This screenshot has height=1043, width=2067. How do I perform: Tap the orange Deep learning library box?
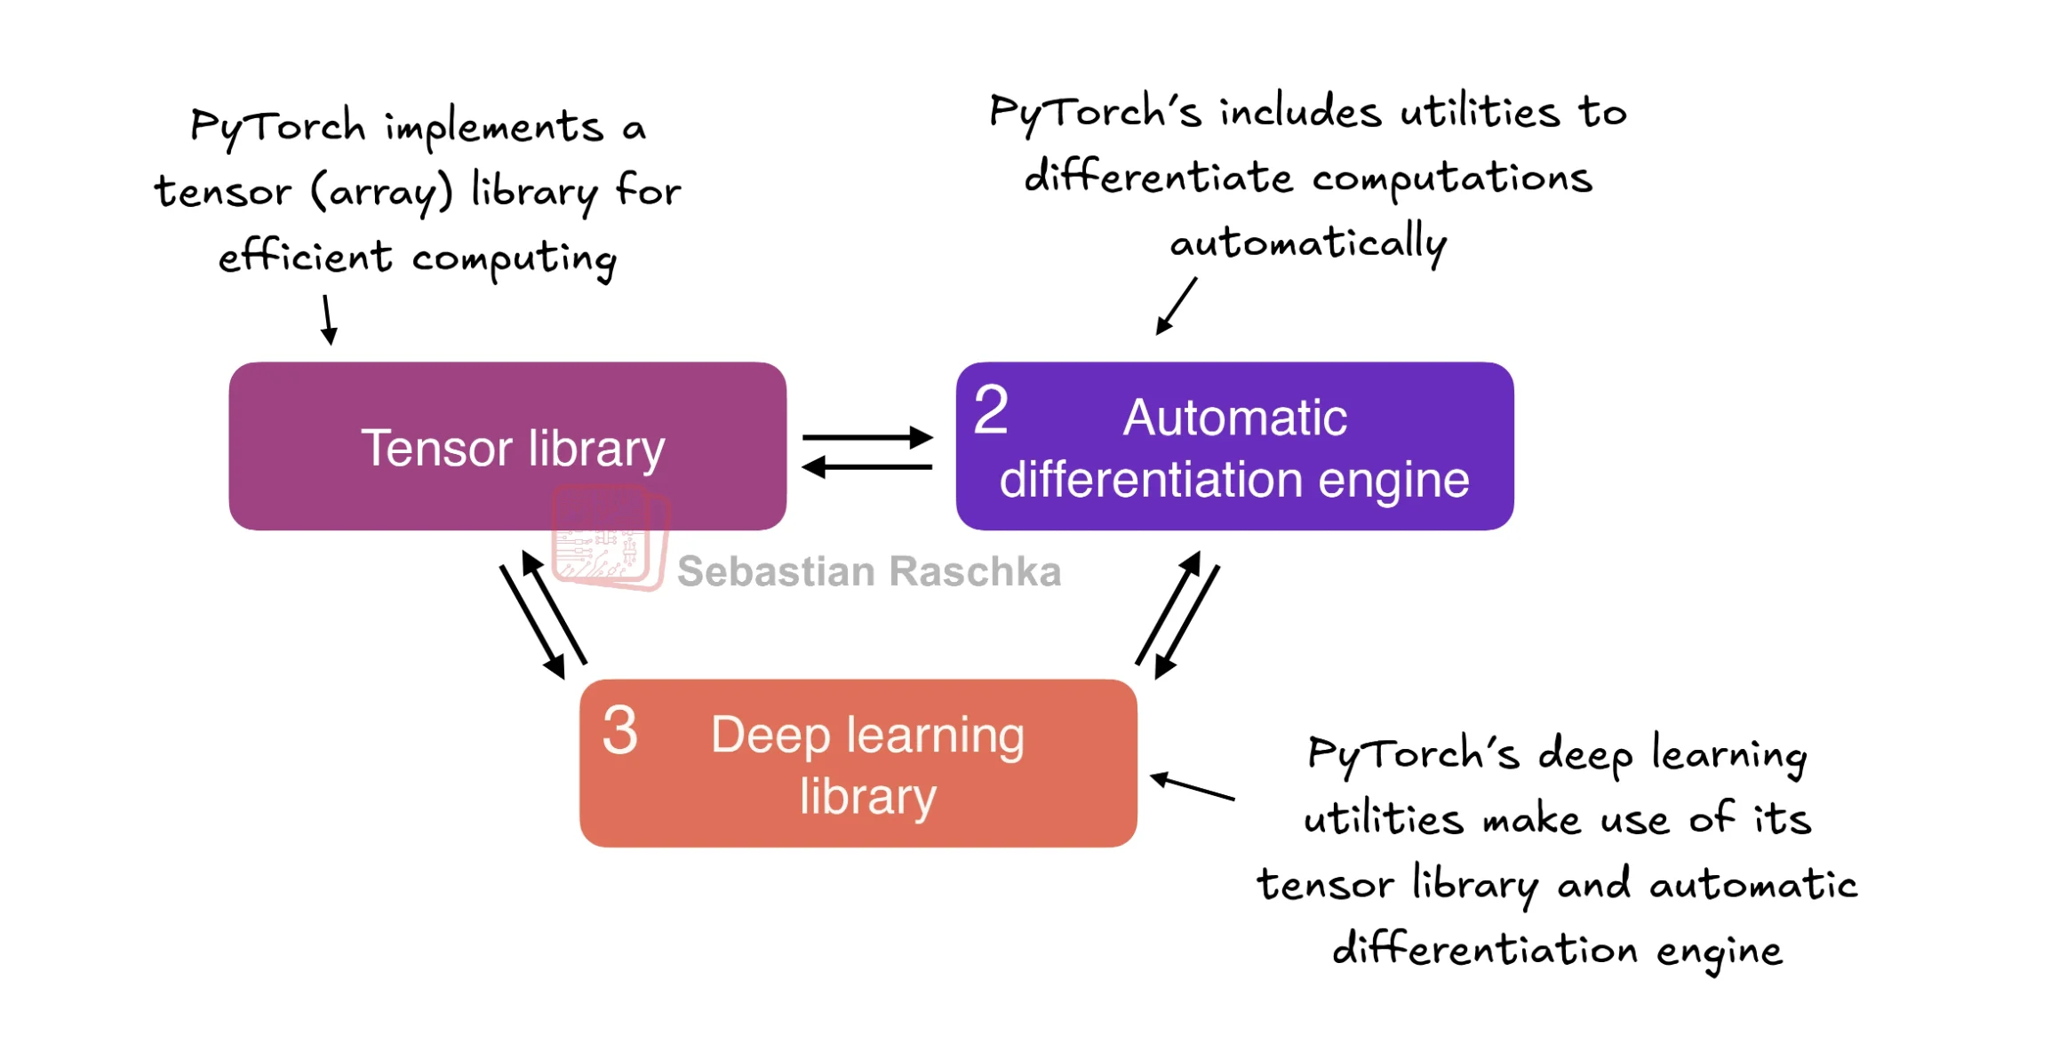pyautogui.click(x=858, y=763)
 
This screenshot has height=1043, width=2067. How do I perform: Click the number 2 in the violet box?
pyautogui.click(x=991, y=410)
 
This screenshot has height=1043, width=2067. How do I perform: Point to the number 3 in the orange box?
pyautogui.click(x=619, y=730)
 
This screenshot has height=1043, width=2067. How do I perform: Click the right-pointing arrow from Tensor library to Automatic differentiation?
pyautogui.click(x=867, y=437)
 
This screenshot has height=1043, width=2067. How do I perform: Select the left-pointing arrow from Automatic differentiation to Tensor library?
pyautogui.click(x=867, y=466)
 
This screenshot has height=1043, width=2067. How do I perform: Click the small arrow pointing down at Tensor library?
pyautogui.click(x=328, y=320)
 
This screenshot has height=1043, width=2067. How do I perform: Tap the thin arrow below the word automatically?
pyautogui.click(x=1177, y=306)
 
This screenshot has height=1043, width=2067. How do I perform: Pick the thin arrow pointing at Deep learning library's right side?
pyautogui.click(x=1192, y=786)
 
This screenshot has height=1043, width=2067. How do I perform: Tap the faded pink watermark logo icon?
pyautogui.click(x=611, y=537)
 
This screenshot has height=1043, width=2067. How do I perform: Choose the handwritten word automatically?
pyautogui.click(x=1308, y=243)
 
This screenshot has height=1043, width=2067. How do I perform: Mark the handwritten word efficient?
pyautogui.click(x=305, y=257)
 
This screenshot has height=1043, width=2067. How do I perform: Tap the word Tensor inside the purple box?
pyautogui.click(x=436, y=448)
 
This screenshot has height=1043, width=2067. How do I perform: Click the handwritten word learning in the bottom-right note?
pyautogui.click(x=1729, y=755)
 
